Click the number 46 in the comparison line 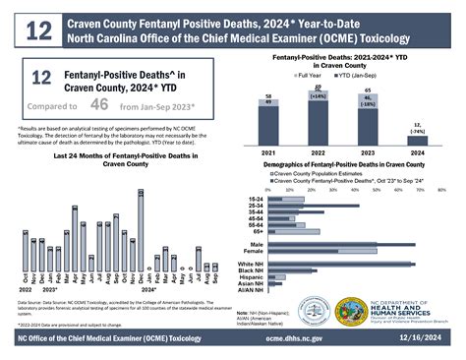[x=99, y=100]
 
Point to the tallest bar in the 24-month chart [x=141, y=227]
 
